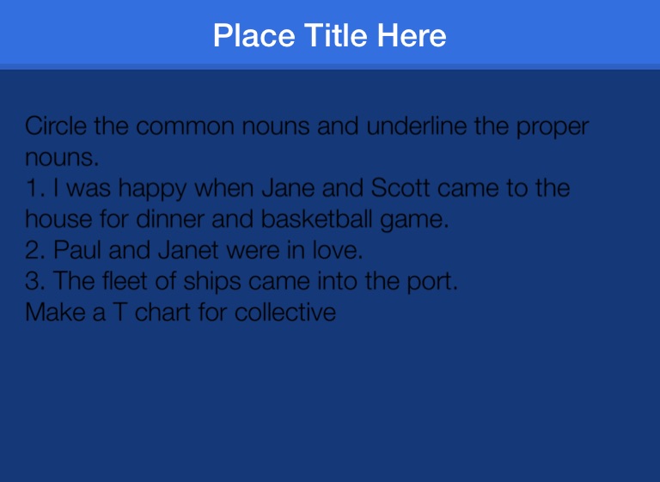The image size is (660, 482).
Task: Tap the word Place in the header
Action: [254, 35]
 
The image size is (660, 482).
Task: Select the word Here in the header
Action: [412, 35]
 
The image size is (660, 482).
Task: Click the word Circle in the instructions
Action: [56, 125]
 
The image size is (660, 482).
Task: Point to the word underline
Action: [416, 125]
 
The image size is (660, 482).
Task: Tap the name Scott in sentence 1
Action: [400, 188]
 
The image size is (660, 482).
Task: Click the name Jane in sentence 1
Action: [288, 188]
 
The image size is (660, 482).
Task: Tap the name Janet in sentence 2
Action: [188, 250]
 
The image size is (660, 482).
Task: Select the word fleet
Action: [125, 281]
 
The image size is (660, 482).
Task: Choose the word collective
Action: [285, 312]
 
